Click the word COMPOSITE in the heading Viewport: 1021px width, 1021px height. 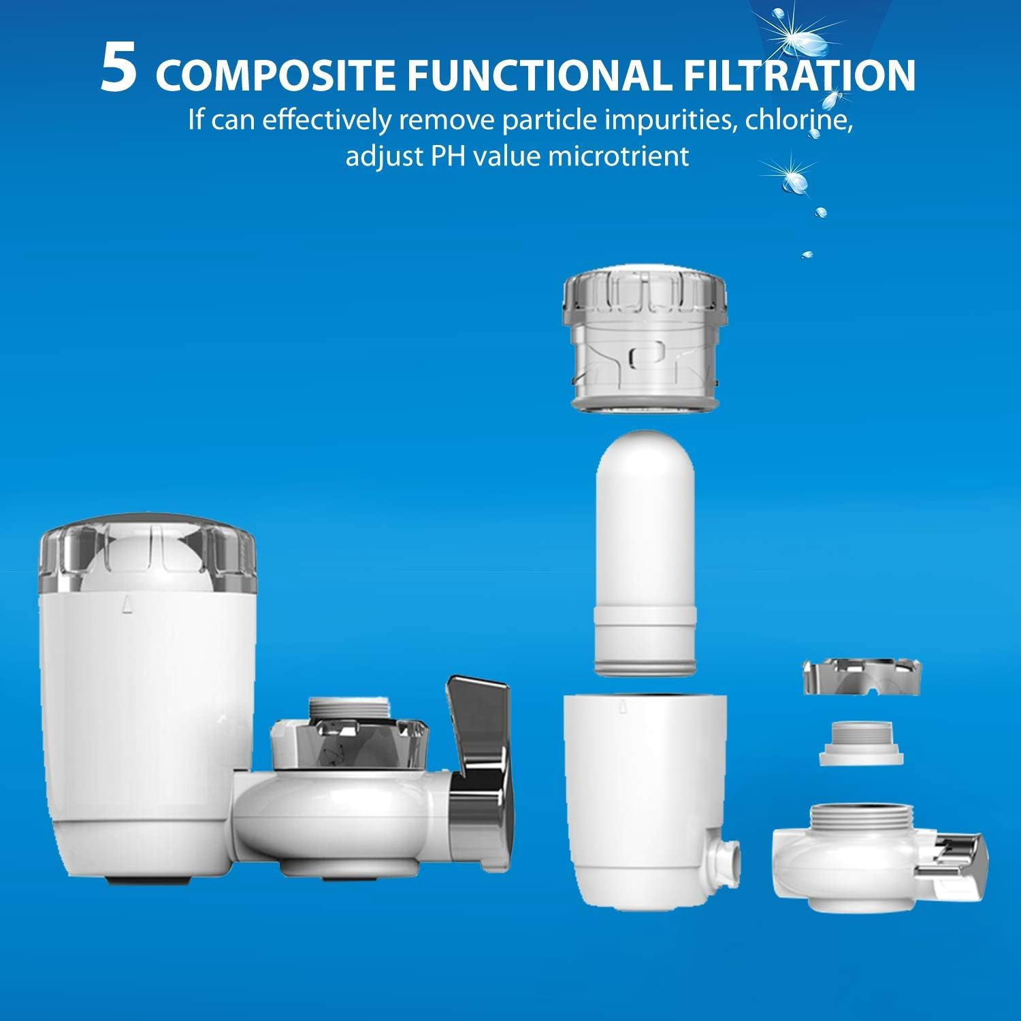point(275,76)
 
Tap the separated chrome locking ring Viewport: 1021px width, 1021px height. point(863,678)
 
